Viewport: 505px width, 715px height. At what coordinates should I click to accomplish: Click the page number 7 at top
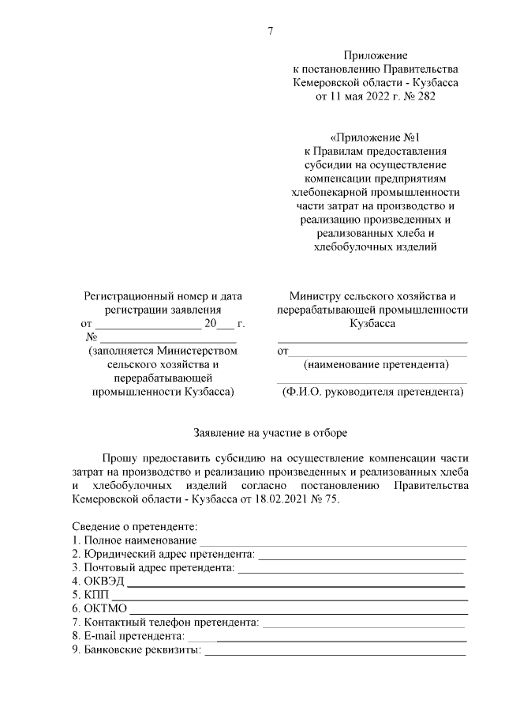click(271, 32)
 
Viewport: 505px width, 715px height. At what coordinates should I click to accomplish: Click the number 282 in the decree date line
click(423, 96)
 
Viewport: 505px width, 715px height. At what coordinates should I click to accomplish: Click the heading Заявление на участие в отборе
click(271, 433)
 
